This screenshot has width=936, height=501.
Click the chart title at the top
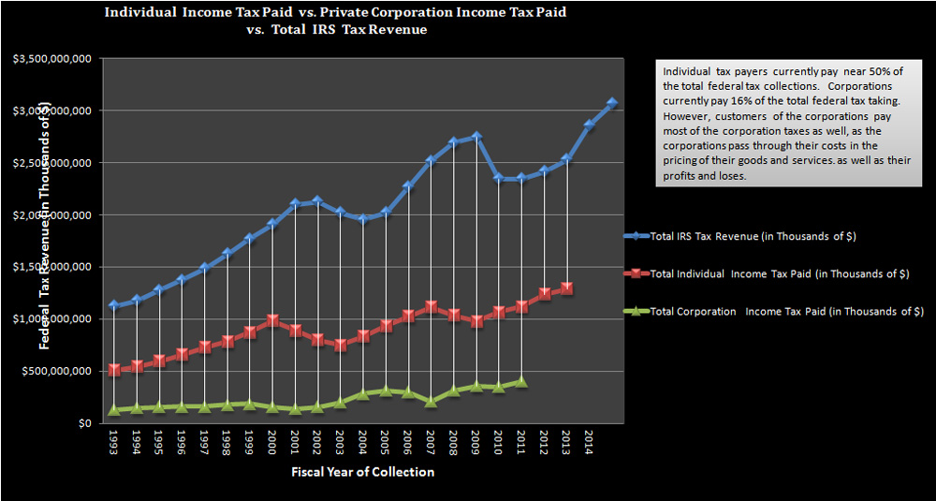pos(335,20)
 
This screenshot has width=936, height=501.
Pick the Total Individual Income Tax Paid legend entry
pos(779,273)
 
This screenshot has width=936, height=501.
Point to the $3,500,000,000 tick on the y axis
pos(52,58)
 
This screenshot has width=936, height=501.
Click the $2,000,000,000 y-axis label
pos(52,214)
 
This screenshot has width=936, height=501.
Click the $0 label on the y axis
pos(82,423)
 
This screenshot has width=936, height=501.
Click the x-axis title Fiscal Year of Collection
pos(361,472)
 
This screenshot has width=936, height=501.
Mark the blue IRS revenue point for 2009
pos(476,136)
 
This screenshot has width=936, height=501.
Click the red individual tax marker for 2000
pos(272,321)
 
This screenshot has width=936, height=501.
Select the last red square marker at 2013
pos(566,289)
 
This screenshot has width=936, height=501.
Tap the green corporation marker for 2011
pos(521,381)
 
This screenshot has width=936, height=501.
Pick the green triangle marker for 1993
pos(114,409)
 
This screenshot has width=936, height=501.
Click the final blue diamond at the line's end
pos(612,103)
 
